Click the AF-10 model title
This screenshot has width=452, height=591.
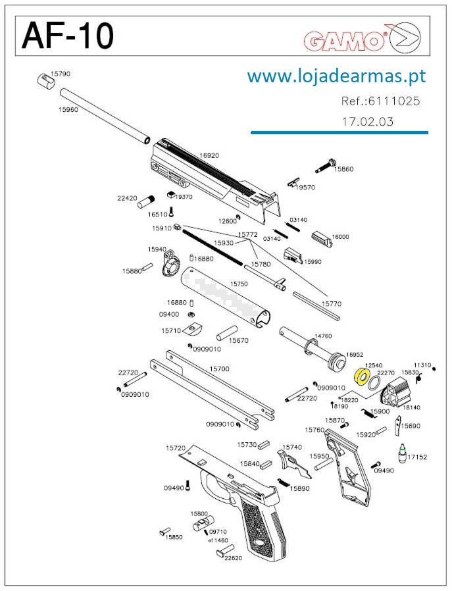click(68, 36)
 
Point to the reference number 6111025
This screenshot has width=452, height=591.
click(380, 102)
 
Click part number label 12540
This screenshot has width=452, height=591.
click(374, 365)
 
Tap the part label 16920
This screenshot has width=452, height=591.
click(209, 156)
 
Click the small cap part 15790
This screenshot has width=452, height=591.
click(43, 80)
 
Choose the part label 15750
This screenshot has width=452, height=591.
click(238, 284)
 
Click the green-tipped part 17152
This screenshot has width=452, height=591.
click(401, 453)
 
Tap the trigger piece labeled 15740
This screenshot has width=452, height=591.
click(295, 461)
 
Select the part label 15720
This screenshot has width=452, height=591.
click(176, 448)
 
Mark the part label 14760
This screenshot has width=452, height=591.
click(322, 336)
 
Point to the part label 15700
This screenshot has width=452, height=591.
click(219, 369)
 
